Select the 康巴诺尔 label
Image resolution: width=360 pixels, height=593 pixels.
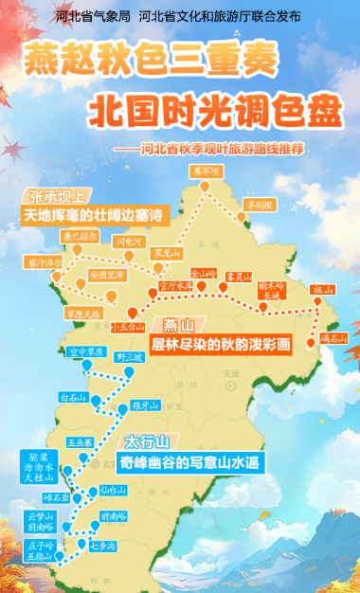(80, 235)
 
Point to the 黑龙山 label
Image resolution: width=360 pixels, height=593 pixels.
(166, 254)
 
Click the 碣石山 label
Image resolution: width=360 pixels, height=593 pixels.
(333, 337)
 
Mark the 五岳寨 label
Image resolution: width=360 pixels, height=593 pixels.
(80, 441)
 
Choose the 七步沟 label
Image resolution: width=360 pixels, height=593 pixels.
(102, 547)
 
